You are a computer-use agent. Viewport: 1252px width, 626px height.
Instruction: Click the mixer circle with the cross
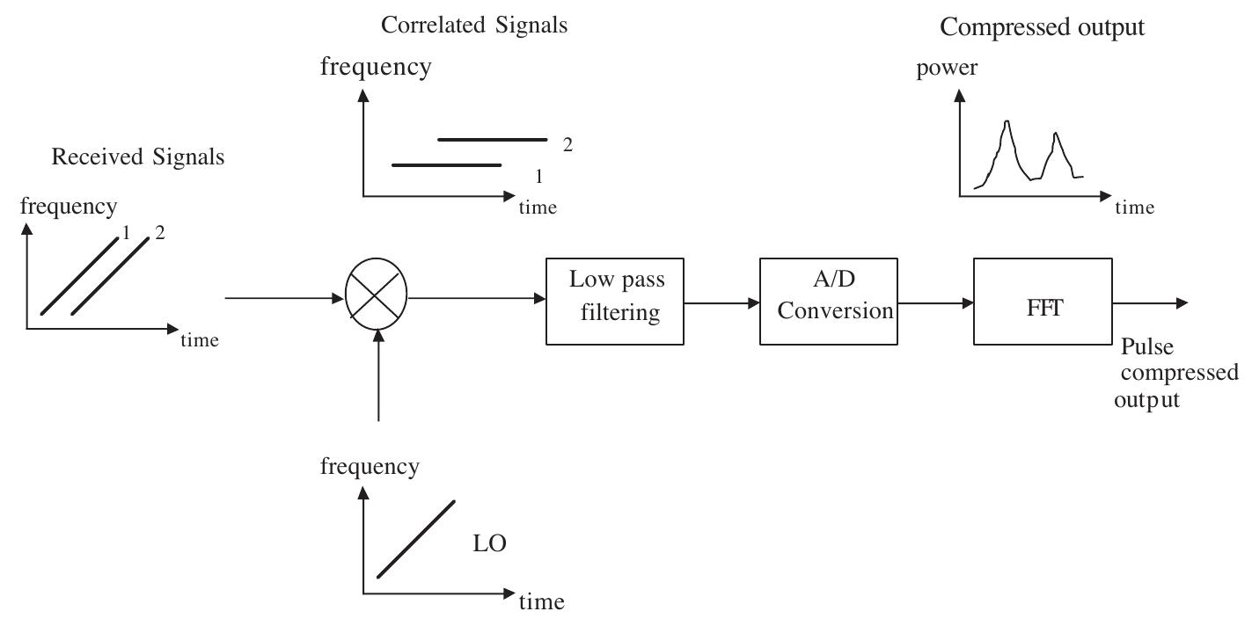click(x=377, y=298)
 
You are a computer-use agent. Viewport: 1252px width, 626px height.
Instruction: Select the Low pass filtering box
click(x=615, y=301)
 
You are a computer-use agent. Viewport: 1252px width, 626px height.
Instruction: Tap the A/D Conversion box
click(x=828, y=301)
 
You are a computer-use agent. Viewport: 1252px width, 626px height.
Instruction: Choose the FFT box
click(x=1043, y=301)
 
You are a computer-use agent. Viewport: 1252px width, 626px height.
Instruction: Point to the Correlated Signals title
click(x=474, y=25)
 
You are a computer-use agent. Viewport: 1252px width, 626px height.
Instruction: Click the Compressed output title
click(x=1042, y=27)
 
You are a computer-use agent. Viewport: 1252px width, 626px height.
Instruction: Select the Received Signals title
click(x=138, y=157)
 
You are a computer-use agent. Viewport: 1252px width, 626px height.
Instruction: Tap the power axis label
click(x=947, y=69)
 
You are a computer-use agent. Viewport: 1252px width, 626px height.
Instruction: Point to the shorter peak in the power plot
click(x=1056, y=135)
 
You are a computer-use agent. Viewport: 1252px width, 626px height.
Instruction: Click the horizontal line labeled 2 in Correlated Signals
click(x=492, y=140)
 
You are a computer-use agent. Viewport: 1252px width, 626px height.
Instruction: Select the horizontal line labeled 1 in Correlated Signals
click(x=446, y=165)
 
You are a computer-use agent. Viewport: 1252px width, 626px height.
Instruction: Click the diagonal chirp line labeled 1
click(x=79, y=275)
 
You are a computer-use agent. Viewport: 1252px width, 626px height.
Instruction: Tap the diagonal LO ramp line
click(x=416, y=539)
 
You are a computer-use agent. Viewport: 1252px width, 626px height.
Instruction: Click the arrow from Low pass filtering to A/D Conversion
click(x=721, y=302)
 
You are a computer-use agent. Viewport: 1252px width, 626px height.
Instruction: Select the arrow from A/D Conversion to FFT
click(x=935, y=302)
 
